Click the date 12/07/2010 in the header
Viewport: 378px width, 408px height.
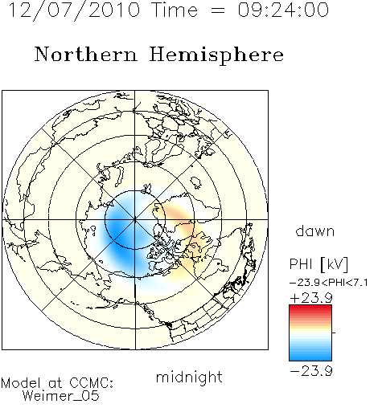74,10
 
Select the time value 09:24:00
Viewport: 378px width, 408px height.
283,10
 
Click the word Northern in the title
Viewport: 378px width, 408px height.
86,55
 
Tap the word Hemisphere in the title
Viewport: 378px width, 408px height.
216,55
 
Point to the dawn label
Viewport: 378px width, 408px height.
315,231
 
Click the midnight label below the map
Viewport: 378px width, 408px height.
189,377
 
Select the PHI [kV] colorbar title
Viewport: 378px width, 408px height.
318,264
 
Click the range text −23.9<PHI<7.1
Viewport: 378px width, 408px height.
329,283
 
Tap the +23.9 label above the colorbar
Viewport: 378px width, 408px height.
311,298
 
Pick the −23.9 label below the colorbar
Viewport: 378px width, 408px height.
311,371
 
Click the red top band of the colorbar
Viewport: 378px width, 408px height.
310,308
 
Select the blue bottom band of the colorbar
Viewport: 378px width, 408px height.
310,357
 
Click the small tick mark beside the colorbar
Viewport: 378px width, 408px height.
334,333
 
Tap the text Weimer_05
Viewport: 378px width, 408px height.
61,396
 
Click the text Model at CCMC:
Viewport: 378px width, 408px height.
57,383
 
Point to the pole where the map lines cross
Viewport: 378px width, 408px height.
134,219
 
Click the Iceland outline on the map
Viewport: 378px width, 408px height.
196,182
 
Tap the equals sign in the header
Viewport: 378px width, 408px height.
217,10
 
